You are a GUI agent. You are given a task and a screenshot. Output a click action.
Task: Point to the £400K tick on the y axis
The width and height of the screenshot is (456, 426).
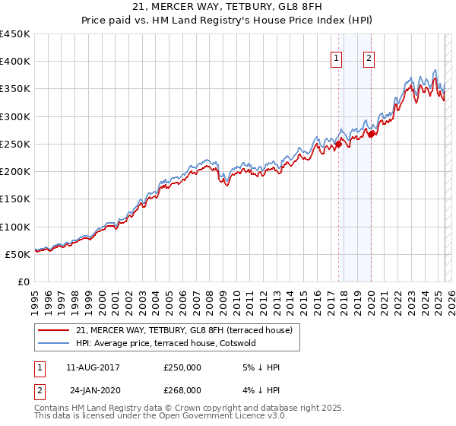[15, 62]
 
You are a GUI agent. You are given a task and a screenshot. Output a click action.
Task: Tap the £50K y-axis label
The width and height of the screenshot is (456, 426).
[18, 254]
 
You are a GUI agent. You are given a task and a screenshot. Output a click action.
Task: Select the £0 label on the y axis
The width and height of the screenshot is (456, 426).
[24, 281]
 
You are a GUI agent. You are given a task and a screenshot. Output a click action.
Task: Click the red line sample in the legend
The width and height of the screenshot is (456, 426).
[54, 329]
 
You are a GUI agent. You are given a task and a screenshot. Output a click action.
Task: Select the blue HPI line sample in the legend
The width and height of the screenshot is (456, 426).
[54, 343]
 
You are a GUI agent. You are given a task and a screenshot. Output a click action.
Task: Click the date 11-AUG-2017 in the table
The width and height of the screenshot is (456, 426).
[93, 367]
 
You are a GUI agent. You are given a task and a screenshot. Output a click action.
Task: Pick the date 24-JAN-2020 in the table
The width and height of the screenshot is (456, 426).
[94, 389]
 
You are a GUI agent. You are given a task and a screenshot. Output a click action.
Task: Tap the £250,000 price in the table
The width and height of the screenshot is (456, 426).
[182, 367]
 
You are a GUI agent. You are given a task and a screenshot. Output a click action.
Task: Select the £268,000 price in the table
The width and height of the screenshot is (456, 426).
[182, 389]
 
